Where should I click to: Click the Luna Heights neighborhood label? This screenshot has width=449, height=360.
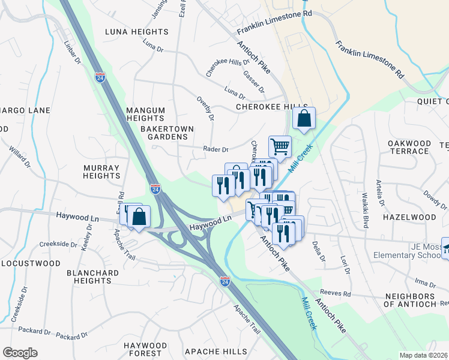[x=136, y=31]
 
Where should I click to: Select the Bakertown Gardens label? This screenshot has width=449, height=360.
[x=164, y=133]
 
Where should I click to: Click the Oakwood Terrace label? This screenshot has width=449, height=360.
[x=409, y=147]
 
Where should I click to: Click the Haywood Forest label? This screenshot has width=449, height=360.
[x=145, y=350]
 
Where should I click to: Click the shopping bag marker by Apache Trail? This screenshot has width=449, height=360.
[x=139, y=217]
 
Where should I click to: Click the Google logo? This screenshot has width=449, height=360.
[x=20, y=353]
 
